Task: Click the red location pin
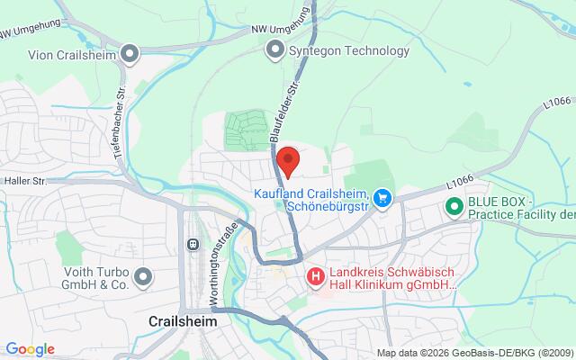[x=288, y=161]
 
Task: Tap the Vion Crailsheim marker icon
[x=131, y=53]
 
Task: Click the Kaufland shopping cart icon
[x=382, y=196]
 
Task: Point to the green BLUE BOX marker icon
[x=453, y=207]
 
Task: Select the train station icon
[x=192, y=245]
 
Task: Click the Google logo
[x=30, y=349]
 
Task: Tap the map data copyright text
[x=474, y=352]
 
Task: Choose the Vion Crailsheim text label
[x=67, y=53]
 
